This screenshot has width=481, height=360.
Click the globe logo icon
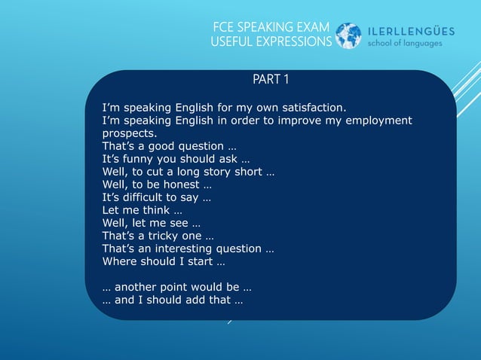tap(348, 35)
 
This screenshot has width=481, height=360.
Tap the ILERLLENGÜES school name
tap(411, 30)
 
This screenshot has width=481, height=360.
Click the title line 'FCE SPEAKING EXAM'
tap(272, 27)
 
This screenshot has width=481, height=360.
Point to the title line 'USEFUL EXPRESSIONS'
tap(271, 42)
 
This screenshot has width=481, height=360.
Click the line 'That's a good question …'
tap(169, 146)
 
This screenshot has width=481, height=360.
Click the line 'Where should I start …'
tap(163, 261)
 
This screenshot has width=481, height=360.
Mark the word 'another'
tap(137, 287)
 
